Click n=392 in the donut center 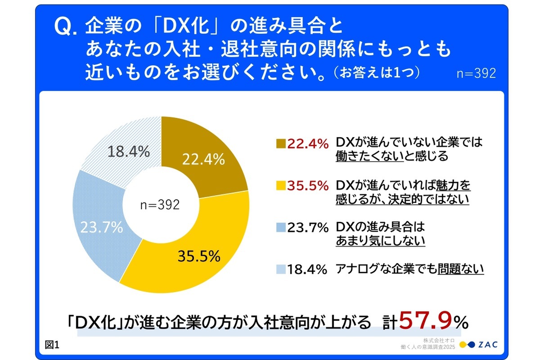coord(160,205)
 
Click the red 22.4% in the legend coord(307,144)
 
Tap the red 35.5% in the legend coord(307,186)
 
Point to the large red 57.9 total coord(425,320)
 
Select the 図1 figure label coord(53,345)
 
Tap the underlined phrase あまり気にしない coord(380,241)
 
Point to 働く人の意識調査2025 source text coord(427,346)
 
